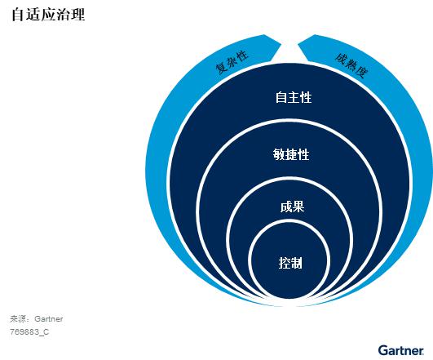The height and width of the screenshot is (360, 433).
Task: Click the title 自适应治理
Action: pos(48,15)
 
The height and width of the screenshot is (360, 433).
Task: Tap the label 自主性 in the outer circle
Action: pos(294,98)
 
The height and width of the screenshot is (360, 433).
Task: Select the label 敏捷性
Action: pos(291,154)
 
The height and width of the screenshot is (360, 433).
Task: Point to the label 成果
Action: pos(292,207)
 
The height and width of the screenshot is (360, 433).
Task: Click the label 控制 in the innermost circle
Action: pos(290,263)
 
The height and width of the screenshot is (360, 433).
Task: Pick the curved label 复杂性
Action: pos(232,62)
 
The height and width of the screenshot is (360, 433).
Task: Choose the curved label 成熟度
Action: pos(351,65)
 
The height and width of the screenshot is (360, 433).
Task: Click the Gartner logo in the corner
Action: pos(400,350)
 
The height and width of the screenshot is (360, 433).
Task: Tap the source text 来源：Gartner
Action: pos(36,319)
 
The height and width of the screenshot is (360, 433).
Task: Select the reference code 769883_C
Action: pos(29,331)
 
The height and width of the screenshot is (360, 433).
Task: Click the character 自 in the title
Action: pos(18,15)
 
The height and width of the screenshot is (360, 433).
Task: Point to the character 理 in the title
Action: pos(77,15)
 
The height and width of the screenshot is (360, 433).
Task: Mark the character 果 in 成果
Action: pos(298,207)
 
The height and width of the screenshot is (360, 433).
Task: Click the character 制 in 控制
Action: pos(297,263)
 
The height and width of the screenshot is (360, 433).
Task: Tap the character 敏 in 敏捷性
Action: pos(279,154)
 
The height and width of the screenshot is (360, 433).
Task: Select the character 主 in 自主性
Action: pos(294,98)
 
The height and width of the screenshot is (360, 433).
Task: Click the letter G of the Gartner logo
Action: pos(382,350)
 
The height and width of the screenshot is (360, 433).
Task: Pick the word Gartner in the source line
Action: pos(49,319)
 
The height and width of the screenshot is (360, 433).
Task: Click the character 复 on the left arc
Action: pos(221,68)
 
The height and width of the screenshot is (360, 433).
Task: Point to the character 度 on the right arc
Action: pos(362,72)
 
